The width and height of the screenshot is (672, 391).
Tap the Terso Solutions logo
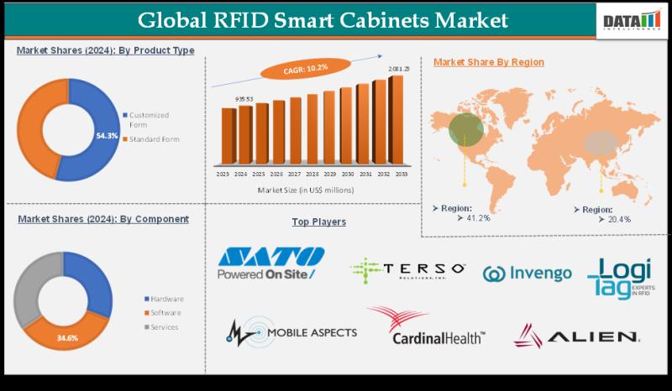click(408, 269)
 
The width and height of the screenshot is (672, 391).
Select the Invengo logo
click(528, 273)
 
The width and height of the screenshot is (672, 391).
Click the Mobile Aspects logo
click(291, 331)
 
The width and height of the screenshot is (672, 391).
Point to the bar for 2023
click(227, 138)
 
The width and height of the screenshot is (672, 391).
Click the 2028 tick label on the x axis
click(311, 175)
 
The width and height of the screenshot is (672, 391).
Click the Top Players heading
click(318, 222)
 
